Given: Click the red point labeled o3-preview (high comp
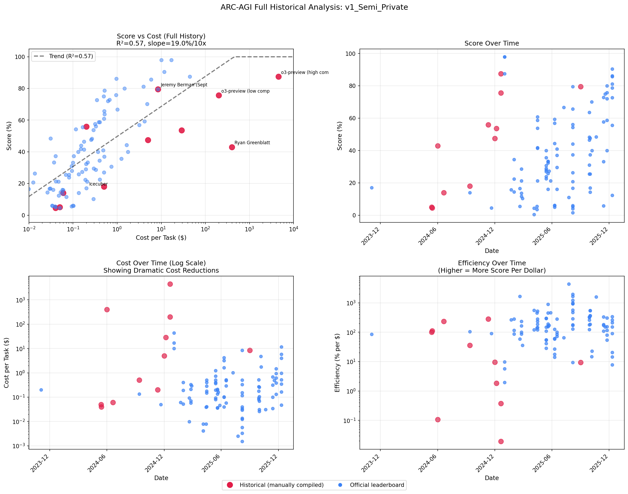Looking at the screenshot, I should pyautogui.click(x=278, y=77).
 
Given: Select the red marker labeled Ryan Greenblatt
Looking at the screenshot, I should pyautogui.click(x=232, y=147).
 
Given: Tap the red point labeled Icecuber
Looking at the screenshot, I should pyautogui.click(x=104, y=187).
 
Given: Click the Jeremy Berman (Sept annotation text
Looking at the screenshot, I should pyautogui.click(x=184, y=85).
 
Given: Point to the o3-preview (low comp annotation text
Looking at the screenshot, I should pyautogui.click(x=245, y=91).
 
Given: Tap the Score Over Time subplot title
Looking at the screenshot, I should pyautogui.click(x=491, y=43).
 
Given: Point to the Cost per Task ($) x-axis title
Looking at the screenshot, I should pyautogui.click(x=161, y=238).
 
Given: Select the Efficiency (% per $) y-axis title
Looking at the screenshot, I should pyautogui.click(x=337, y=363).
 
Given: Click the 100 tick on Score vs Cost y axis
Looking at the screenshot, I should pyautogui.click(x=20, y=57).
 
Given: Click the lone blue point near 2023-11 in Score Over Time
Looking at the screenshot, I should pyautogui.click(x=372, y=188).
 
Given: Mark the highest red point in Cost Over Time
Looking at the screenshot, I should pyautogui.click(x=170, y=284).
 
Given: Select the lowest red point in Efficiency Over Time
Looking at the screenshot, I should pyautogui.click(x=501, y=441).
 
